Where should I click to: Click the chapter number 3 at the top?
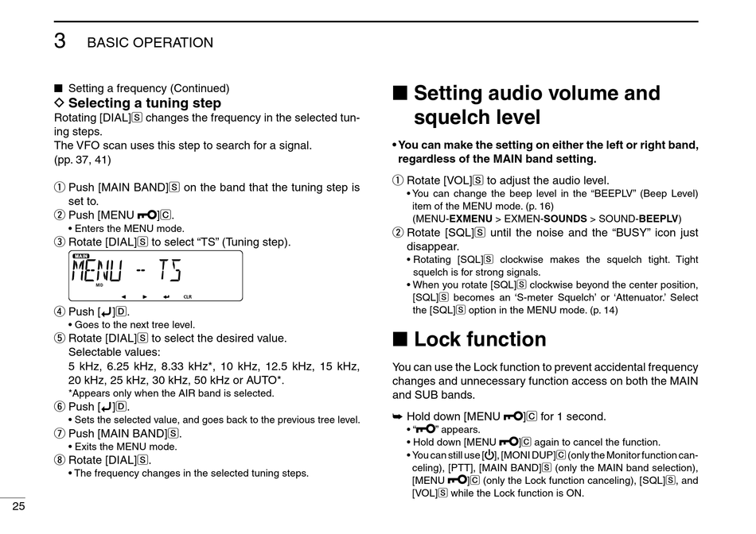tap(60, 41)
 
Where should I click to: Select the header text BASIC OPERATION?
tap(150, 43)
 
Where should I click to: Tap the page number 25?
tap(17, 507)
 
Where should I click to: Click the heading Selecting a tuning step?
tap(144, 103)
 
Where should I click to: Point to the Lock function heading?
tap(480, 339)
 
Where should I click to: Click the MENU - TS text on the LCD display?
tap(127, 272)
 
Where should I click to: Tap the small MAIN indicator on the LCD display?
tap(80, 256)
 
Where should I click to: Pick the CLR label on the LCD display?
tap(188, 296)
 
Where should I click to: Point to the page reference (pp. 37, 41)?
tap(82, 159)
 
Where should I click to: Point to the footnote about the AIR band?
tap(171, 393)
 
